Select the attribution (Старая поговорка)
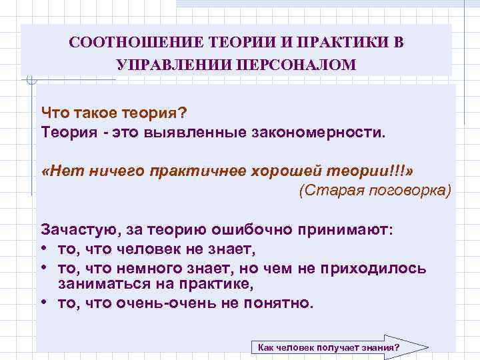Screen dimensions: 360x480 [x=375, y=191]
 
